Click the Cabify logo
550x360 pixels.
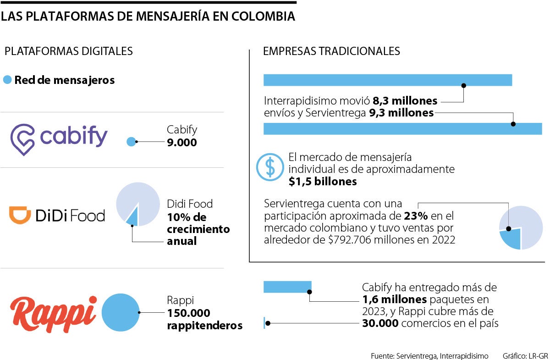pos(59,137)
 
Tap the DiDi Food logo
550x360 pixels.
pos(57,216)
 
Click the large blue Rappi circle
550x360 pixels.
pos(120,312)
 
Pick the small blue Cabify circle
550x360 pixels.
pos(131,142)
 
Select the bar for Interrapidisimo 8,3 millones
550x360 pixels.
pos(387,80)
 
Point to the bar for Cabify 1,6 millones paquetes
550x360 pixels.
pos(287,287)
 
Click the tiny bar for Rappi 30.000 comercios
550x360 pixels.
pos(264,323)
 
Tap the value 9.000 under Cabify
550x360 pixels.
pos(182,143)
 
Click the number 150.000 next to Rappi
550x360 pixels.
pos(188,313)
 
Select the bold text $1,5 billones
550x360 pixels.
pos(323,182)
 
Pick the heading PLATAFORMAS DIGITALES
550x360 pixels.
pos(68,51)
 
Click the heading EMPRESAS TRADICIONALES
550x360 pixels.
pos(331,51)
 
